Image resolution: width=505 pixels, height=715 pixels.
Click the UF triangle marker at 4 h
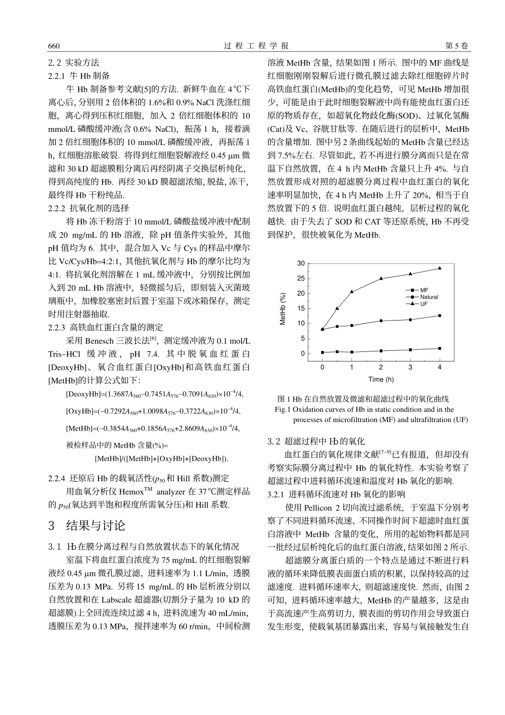tap(440, 268)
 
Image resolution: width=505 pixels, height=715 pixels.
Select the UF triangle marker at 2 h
tap(381, 279)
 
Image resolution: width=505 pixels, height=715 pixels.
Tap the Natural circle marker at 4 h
tap(440, 316)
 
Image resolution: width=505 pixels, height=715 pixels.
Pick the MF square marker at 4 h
tap(440, 348)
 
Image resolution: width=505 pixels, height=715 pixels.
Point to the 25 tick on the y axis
tap(301, 278)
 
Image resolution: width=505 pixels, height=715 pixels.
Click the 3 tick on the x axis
tap(410, 367)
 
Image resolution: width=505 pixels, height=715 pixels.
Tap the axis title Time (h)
tap(381, 379)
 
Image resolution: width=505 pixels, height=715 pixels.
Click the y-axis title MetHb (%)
tap(283, 308)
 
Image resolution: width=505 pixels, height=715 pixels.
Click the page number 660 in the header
tap(54, 46)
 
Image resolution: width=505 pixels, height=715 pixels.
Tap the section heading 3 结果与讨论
tap(87, 526)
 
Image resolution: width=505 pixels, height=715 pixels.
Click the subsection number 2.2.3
tap(57, 327)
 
